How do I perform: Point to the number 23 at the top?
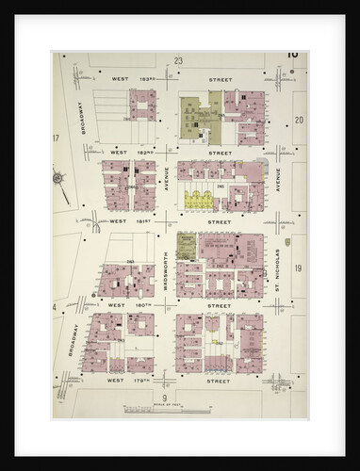(178, 59)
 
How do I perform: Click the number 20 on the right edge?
(298, 121)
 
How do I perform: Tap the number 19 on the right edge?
(298, 269)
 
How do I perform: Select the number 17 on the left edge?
(57, 138)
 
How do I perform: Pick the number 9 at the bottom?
(164, 399)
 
